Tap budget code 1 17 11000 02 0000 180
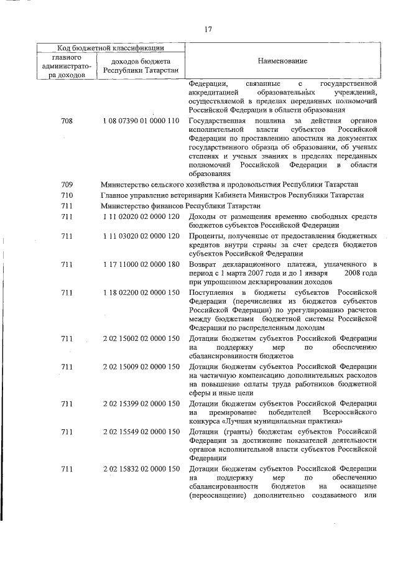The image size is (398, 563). click(142, 266)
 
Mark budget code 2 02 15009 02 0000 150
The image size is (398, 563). click(142, 366)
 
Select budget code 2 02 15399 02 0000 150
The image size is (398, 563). click(142, 404)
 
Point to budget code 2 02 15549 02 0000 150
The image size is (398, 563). click(142, 431)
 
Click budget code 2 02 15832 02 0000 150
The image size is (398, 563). click(142, 468)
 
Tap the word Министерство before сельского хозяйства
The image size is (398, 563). click(124, 185)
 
